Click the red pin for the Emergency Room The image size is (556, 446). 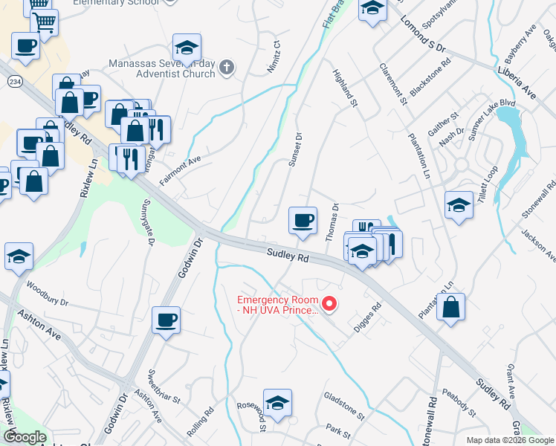[328, 303]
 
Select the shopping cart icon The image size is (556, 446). [43, 23]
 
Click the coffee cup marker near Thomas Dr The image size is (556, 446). [303, 221]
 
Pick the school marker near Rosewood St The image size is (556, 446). [277, 404]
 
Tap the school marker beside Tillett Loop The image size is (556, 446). [459, 204]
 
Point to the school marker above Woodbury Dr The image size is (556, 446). [19, 256]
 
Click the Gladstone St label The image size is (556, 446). [344, 406]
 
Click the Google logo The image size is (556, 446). [25, 438]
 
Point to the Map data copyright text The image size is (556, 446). [510, 440]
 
